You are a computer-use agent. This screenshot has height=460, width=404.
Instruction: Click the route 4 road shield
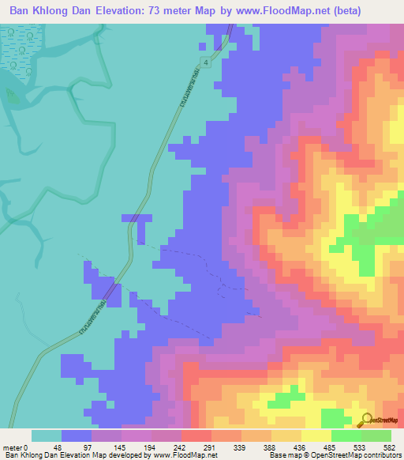pos(205,62)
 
